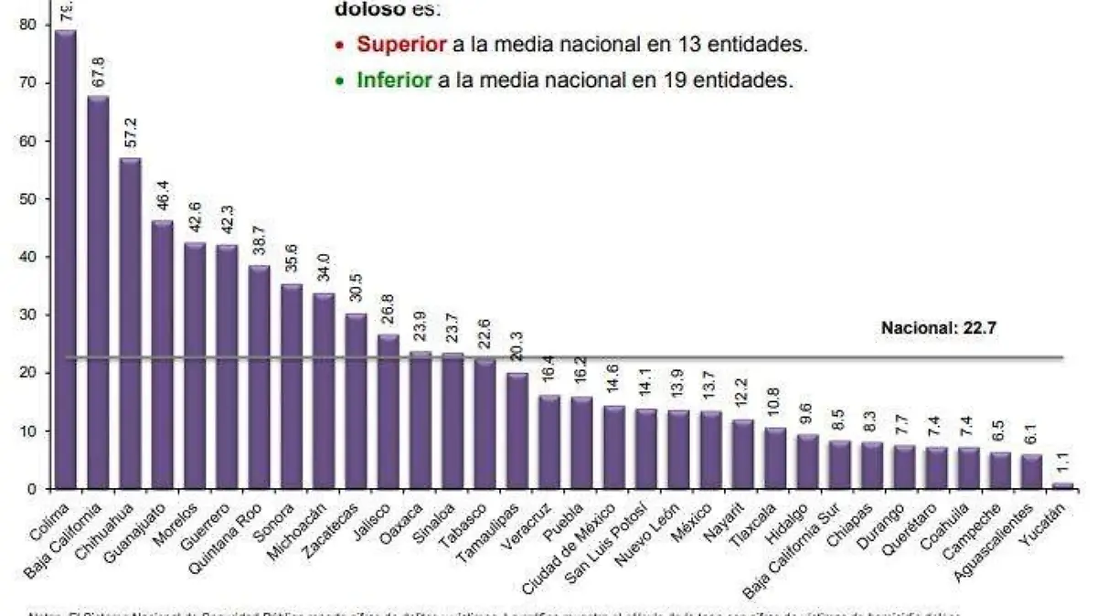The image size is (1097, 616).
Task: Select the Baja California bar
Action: point(98,292)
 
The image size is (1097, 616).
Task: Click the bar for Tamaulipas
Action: point(517,430)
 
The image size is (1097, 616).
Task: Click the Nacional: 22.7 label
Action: point(937,326)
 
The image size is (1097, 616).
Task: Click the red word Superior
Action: point(402,44)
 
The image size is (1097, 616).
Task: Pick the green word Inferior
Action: point(395,80)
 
